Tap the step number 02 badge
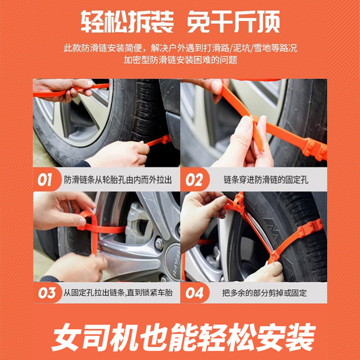click(x=194, y=180)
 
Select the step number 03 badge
click(x=47, y=293)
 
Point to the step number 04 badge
click(x=194, y=293)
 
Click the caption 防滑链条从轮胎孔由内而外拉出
click(x=118, y=180)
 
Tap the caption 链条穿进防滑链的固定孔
click(x=266, y=180)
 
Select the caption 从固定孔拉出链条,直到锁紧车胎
click(x=118, y=293)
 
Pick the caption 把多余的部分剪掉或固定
click(x=264, y=293)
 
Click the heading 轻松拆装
click(x=127, y=22)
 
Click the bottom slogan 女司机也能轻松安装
click(x=184, y=337)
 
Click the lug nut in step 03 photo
click(x=159, y=244)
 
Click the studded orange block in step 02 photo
click(x=315, y=150)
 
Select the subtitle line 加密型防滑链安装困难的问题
click(x=180, y=60)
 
